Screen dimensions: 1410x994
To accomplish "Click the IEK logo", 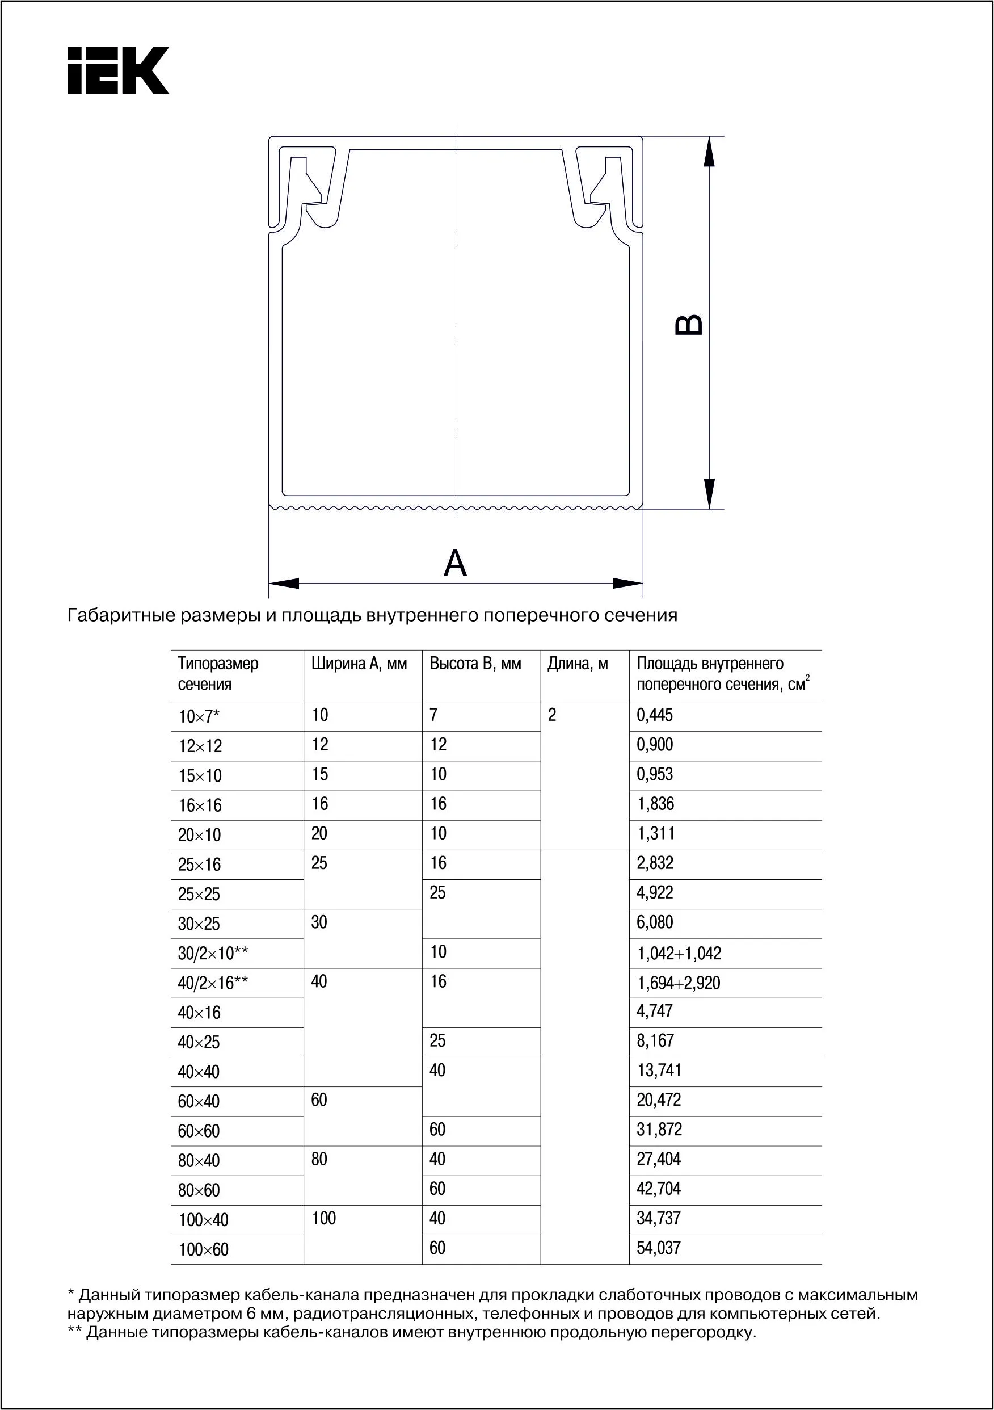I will pyautogui.click(x=118, y=70).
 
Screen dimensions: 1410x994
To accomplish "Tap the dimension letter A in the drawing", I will pyautogui.click(x=455, y=563).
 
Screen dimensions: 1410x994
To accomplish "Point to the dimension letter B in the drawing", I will pyautogui.click(x=689, y=325).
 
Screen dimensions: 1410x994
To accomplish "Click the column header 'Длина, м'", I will pyautogui.click(x=577, y=664).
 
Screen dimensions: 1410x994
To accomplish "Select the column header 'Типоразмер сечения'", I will pyautogui.click(x=218, y=674).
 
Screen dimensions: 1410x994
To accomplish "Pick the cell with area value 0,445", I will pyautogui.click(x=655, y=715).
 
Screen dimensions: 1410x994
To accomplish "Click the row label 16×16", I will pyautogui.click(x=200, y=805).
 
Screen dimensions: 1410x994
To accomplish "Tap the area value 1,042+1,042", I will pyautogui.click(x=679, y=953).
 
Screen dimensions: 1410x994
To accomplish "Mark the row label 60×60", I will pyautogui.click(x=199, y=1131).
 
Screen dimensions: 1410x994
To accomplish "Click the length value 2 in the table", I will pyautogui.click(x=552, y=715).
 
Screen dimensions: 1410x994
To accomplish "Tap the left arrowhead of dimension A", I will pyautogui.click(x=284, y=583).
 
